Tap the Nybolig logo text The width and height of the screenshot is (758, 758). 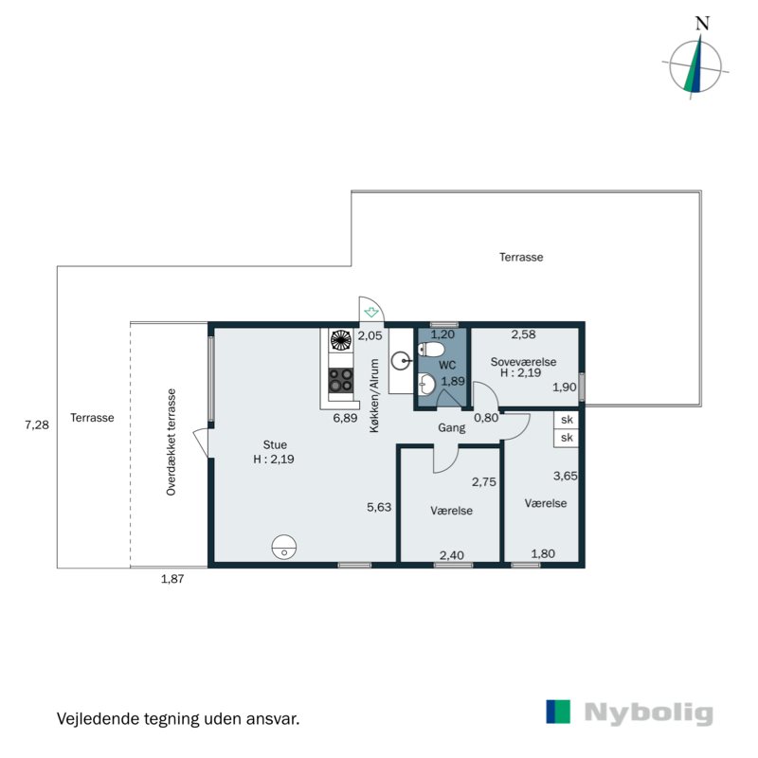pyautogui.click(x=648, y=713)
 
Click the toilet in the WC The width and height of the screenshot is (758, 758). pyautogui.click(x=433, y=351)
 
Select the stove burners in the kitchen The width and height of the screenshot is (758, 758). pyautogui.click(x=341, y=380)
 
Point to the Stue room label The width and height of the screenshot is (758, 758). pyautogui.click(x=275, y=444)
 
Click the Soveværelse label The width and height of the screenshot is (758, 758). pyautogui.click(x=523, y=362)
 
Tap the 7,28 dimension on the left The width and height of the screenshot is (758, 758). pyautogui.click(x=36, y=425)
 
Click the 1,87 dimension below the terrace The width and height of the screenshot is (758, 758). pyautogui.click(x=171, y=580)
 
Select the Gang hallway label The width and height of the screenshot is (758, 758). pyautogui.click(x=450, y=427)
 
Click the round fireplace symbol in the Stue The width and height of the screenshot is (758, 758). pyautogui.click(x=283, y=546)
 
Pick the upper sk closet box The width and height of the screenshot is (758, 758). pyautogui.click(x=567, y=420)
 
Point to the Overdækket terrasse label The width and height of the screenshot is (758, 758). pyautogui.click(x=171, y=442)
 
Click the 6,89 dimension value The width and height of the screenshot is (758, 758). pyautogui.click(x=343, y=418)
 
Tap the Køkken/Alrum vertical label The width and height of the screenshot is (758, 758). pyautogui.click(x=374, y=395)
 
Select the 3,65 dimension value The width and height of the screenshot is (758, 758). pyautogui.click(x=565, y=478)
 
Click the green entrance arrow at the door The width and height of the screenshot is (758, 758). pyautogui.click(x=371, y=310)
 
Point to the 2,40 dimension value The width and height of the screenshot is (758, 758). pyautogui.click(x=450, y=554)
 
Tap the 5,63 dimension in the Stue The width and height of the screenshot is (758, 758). pyautogui.click(x=379, y=506)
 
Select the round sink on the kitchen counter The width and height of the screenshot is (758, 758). pyautogui.click(x=403, y=359)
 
